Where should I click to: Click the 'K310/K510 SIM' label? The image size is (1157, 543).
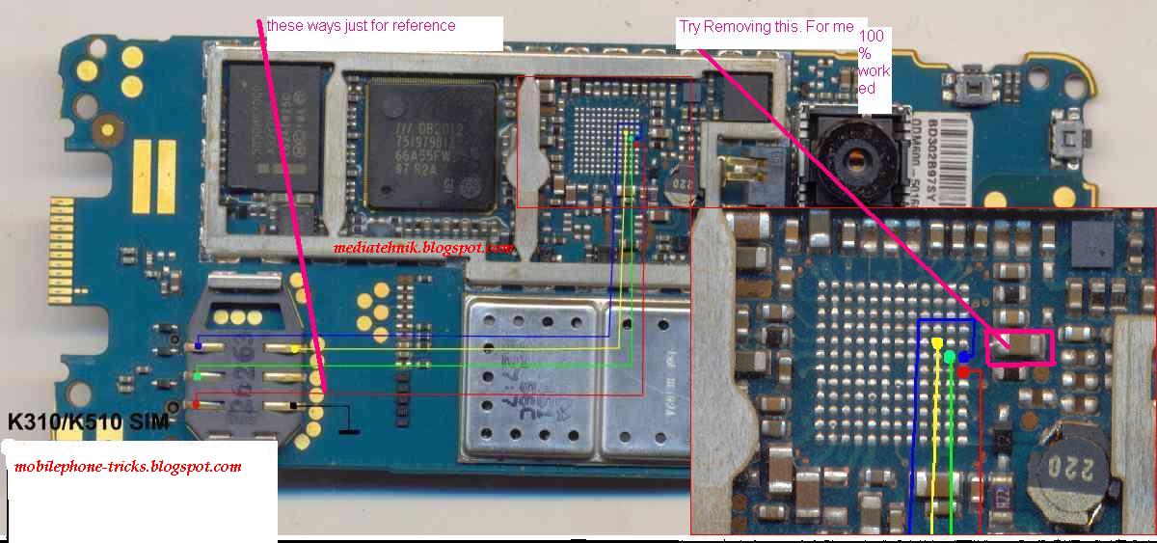point(88,422)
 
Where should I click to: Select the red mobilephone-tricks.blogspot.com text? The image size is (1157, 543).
point(128,467)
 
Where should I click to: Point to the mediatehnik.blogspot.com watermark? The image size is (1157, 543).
point(422,248)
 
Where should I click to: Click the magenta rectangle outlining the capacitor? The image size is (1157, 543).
point(1020,347)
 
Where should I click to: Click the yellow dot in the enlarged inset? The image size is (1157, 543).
point(938,343)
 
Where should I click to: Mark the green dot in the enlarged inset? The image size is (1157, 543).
point(950,358)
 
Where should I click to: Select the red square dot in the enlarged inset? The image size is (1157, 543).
point(963,371)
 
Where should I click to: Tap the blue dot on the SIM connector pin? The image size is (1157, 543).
point(199,345)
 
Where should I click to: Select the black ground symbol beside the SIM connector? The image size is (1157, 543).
point(348,428)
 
